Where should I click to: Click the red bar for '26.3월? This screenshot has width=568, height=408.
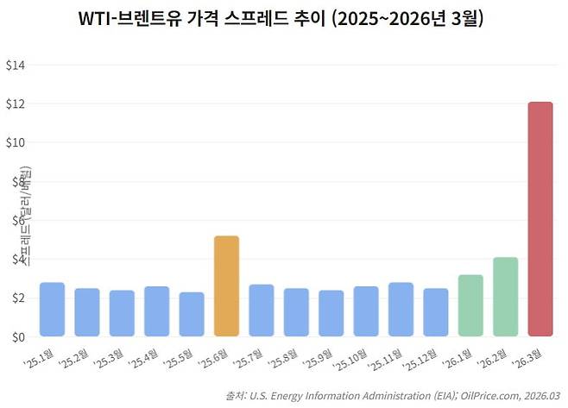pos(540,219)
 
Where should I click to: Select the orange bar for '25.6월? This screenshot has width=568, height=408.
pos(226,286)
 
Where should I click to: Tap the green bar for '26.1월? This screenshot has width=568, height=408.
pos(470,305)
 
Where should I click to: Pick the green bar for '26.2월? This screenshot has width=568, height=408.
pos(505,297)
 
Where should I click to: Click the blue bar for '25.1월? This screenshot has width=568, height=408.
pos(52,309)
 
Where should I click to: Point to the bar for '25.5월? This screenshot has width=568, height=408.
pos(192,314)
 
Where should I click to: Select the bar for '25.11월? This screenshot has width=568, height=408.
pos(401,309)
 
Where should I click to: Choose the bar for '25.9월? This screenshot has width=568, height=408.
pos(331,313)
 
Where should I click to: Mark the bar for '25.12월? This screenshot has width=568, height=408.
pos(435,312)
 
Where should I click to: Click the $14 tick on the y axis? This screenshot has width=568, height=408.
pos(16,65)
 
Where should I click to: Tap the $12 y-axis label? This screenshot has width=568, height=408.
pos(16,104)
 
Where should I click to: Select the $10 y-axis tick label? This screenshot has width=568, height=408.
pos(16,142)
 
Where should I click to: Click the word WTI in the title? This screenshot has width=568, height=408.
pos(97,21)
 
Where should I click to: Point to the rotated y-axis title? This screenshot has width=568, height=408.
pos(26,219)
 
